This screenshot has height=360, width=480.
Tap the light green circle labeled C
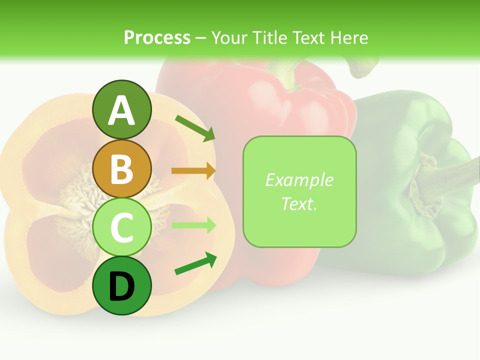(x=121, y=227)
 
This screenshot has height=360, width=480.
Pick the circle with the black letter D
(x=121, y=285)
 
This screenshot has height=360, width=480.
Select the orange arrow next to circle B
(x=193, y=171)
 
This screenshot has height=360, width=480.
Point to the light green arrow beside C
(x=193, y=225)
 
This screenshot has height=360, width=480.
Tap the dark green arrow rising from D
(x=195, y=264)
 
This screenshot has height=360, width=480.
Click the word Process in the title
(x=157, y=37)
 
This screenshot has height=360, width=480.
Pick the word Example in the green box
(x=299, y=180)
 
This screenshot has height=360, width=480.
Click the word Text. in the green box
(x=299, y=203)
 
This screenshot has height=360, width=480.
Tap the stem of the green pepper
(x=440, y=177)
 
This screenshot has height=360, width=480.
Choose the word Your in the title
(x=229, y=37)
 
